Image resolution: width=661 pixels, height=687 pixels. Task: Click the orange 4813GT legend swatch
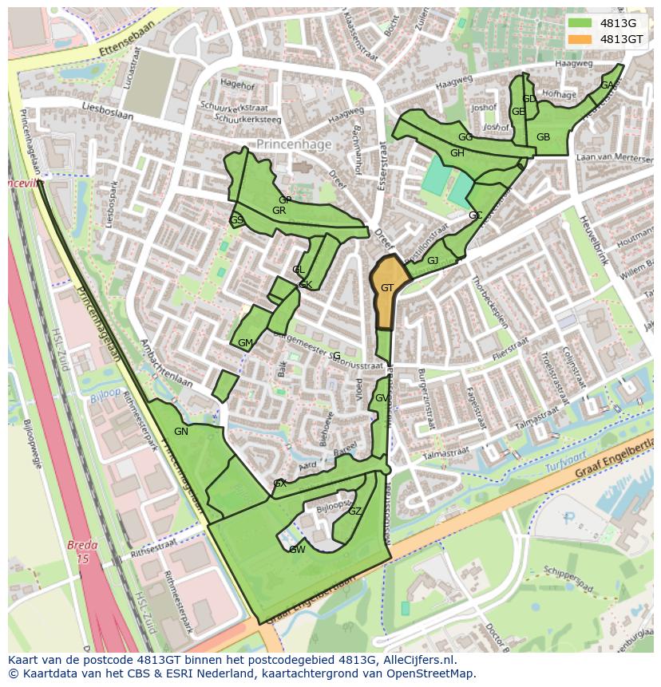[580, 39]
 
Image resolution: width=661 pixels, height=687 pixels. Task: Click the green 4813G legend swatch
[580, 22]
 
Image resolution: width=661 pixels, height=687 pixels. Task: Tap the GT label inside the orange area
[386, 288]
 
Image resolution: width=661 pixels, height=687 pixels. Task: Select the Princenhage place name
[292, 144]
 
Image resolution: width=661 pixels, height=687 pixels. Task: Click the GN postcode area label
[181, 432]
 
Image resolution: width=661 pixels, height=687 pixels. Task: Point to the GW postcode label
[297, 550]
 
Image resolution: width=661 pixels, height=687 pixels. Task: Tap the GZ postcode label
[355, 511]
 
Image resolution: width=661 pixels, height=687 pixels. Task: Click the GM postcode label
[245, 343]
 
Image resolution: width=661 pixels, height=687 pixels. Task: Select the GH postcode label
[457, 153]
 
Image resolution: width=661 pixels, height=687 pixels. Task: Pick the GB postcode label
[543, 137]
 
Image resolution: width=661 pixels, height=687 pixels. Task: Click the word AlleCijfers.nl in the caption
[410, 660]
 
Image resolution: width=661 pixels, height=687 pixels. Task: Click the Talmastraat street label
[445, 453]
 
